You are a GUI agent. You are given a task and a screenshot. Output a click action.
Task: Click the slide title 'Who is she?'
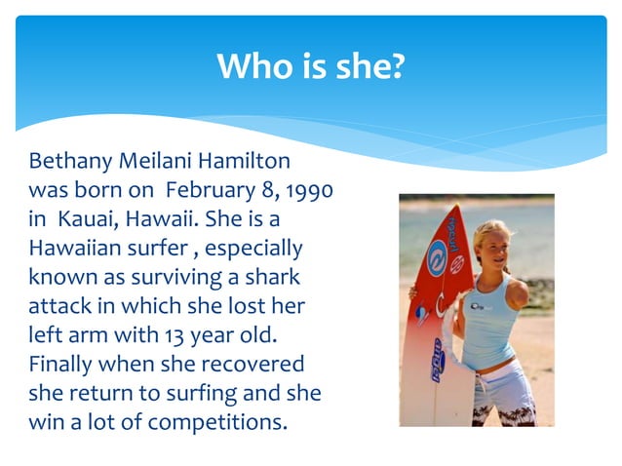[x=310, y=67]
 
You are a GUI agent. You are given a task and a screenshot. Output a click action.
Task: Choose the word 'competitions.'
[x=213, y=423]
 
